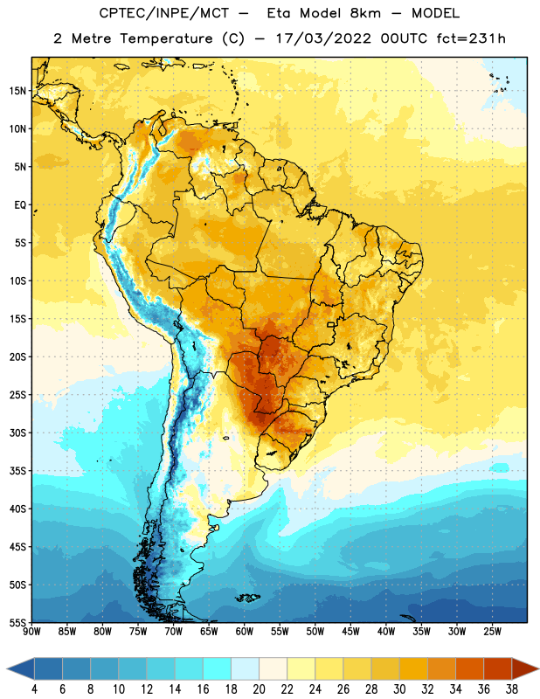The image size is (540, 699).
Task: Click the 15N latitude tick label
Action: [17, 91]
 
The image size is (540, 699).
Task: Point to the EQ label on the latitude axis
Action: [20, 205]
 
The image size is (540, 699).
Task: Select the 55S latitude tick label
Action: [17, 622]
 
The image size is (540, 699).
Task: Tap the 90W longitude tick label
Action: [31, 632]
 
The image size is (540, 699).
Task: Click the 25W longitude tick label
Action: [492, 632]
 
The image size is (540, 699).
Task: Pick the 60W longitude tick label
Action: [245, 632]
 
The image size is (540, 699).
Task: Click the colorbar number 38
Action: [511, 689]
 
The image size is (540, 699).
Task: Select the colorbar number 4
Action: [34, 689]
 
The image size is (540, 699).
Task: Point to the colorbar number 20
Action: [259, 689]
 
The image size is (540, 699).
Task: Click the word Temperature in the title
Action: [166, 38]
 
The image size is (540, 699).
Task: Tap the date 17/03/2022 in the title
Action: [323, 38]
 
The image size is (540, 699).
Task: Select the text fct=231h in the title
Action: [471, 38]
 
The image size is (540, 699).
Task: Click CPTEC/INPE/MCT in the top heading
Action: [163, 13]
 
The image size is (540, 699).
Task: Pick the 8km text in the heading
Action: [365, 13]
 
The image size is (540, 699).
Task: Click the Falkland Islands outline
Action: [248, 598]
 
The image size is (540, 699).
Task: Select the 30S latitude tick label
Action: [17, 433]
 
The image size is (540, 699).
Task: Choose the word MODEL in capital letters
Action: [435, 13]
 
